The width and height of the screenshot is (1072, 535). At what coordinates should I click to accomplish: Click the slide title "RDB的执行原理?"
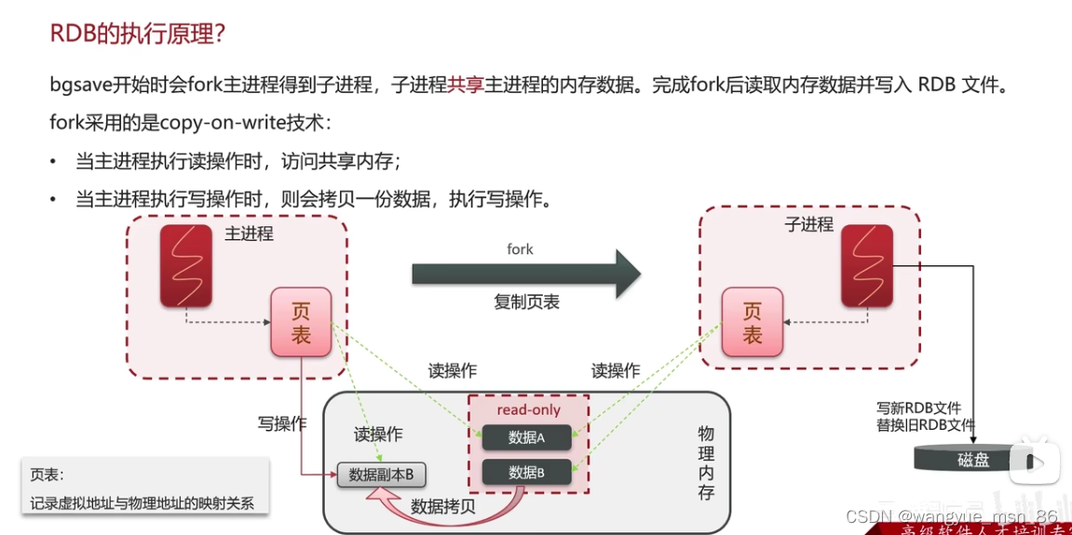(x=138, y=34)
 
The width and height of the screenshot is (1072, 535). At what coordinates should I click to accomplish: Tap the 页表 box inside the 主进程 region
(x=301, y=322)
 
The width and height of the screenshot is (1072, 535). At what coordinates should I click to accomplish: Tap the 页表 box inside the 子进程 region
(x=752, y=322)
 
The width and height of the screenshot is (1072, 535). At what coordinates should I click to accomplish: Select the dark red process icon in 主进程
(x=185, y=266)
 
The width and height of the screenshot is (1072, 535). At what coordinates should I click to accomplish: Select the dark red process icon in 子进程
(x=867, y=266)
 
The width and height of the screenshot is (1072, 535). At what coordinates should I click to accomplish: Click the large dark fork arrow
(x=526, y=273)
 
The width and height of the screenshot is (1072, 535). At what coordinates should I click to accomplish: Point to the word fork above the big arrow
(x=520, y=248)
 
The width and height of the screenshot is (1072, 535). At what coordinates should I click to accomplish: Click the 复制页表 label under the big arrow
(x=526, y=302)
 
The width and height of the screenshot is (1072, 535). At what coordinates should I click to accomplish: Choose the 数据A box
(x=526, y=437)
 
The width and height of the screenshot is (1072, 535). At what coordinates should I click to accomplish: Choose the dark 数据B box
(x=526, y=473)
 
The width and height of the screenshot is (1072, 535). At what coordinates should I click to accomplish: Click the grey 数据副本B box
(x=381, y=475)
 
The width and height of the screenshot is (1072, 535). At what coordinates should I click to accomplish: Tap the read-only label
(x=528, y=409)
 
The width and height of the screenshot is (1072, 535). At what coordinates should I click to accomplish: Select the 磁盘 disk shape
(x=973, y=459)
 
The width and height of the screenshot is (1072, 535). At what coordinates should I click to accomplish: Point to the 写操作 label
(x=282, y=423)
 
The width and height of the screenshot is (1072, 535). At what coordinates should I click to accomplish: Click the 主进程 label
(x=249, y=234)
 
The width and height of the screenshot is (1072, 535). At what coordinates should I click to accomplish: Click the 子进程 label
(x=808, y=224)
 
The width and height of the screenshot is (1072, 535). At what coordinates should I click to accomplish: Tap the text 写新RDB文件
(x=918, y=408)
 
